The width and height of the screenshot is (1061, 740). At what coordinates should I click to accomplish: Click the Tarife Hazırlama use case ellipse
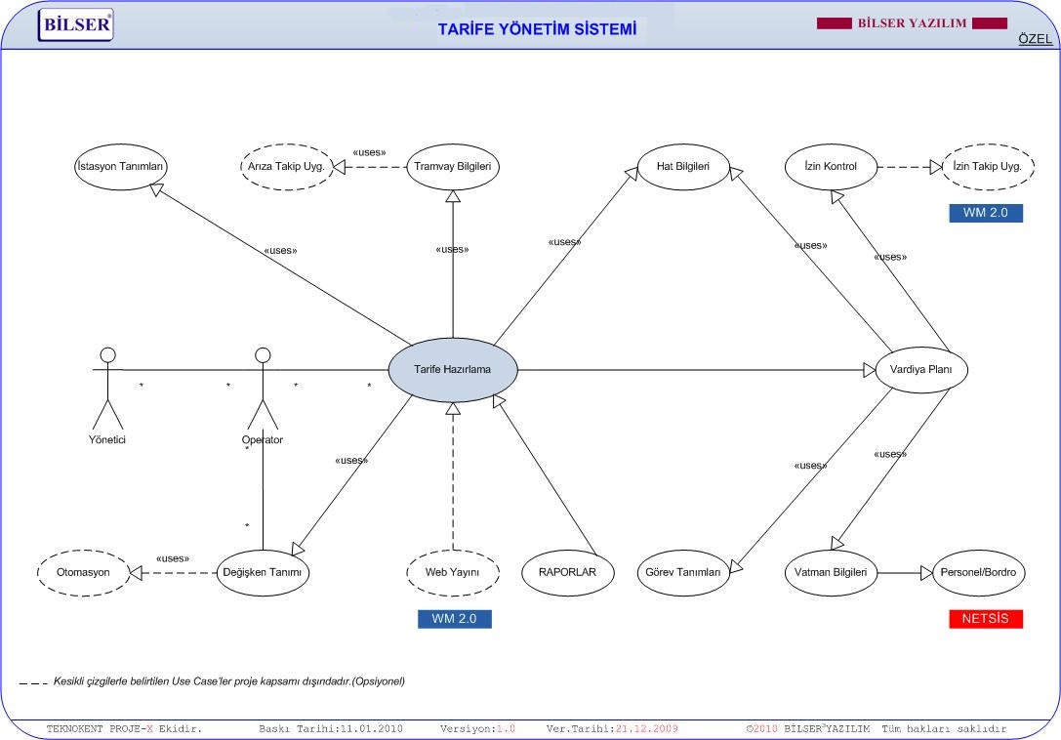click(453, 370)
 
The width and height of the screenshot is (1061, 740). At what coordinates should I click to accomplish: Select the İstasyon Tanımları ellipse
click(120, 167)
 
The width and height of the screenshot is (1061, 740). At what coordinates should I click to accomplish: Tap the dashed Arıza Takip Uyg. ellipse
click(287, 167)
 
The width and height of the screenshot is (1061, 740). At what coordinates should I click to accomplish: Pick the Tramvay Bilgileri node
click(453, 167)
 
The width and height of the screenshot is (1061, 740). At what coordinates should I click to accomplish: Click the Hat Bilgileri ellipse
click(683, 167)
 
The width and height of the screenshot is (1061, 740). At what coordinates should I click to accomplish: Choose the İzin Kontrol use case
click(831, 167)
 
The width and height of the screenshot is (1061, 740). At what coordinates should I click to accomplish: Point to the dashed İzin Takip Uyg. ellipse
click(988, 167)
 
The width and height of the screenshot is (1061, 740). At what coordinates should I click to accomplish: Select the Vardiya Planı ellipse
click(920, 370)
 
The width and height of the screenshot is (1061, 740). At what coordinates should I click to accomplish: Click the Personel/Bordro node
click(978, 573)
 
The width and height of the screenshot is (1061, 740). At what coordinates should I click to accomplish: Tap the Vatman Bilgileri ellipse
click(831, 573)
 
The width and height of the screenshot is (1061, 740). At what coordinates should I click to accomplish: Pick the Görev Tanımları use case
click(683, 573)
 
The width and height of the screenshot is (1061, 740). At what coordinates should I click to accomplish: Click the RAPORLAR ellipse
click(568, 573)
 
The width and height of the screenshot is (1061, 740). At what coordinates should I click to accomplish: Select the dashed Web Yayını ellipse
click(453, 573)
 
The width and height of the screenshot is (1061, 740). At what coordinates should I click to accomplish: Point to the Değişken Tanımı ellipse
click(263, 573)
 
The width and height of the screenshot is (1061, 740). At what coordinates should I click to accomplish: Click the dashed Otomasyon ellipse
click(83, 573)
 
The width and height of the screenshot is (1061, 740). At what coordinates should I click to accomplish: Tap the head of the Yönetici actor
click(107, 355)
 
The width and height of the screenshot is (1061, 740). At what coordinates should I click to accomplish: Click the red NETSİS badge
click(986, 619)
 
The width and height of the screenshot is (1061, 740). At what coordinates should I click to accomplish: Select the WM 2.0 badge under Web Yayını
click(455, 619)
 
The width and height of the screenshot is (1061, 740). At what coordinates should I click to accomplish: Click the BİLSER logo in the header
click(76, 25)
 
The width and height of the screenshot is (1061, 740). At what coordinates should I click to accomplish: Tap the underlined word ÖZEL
click(1036, 39)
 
